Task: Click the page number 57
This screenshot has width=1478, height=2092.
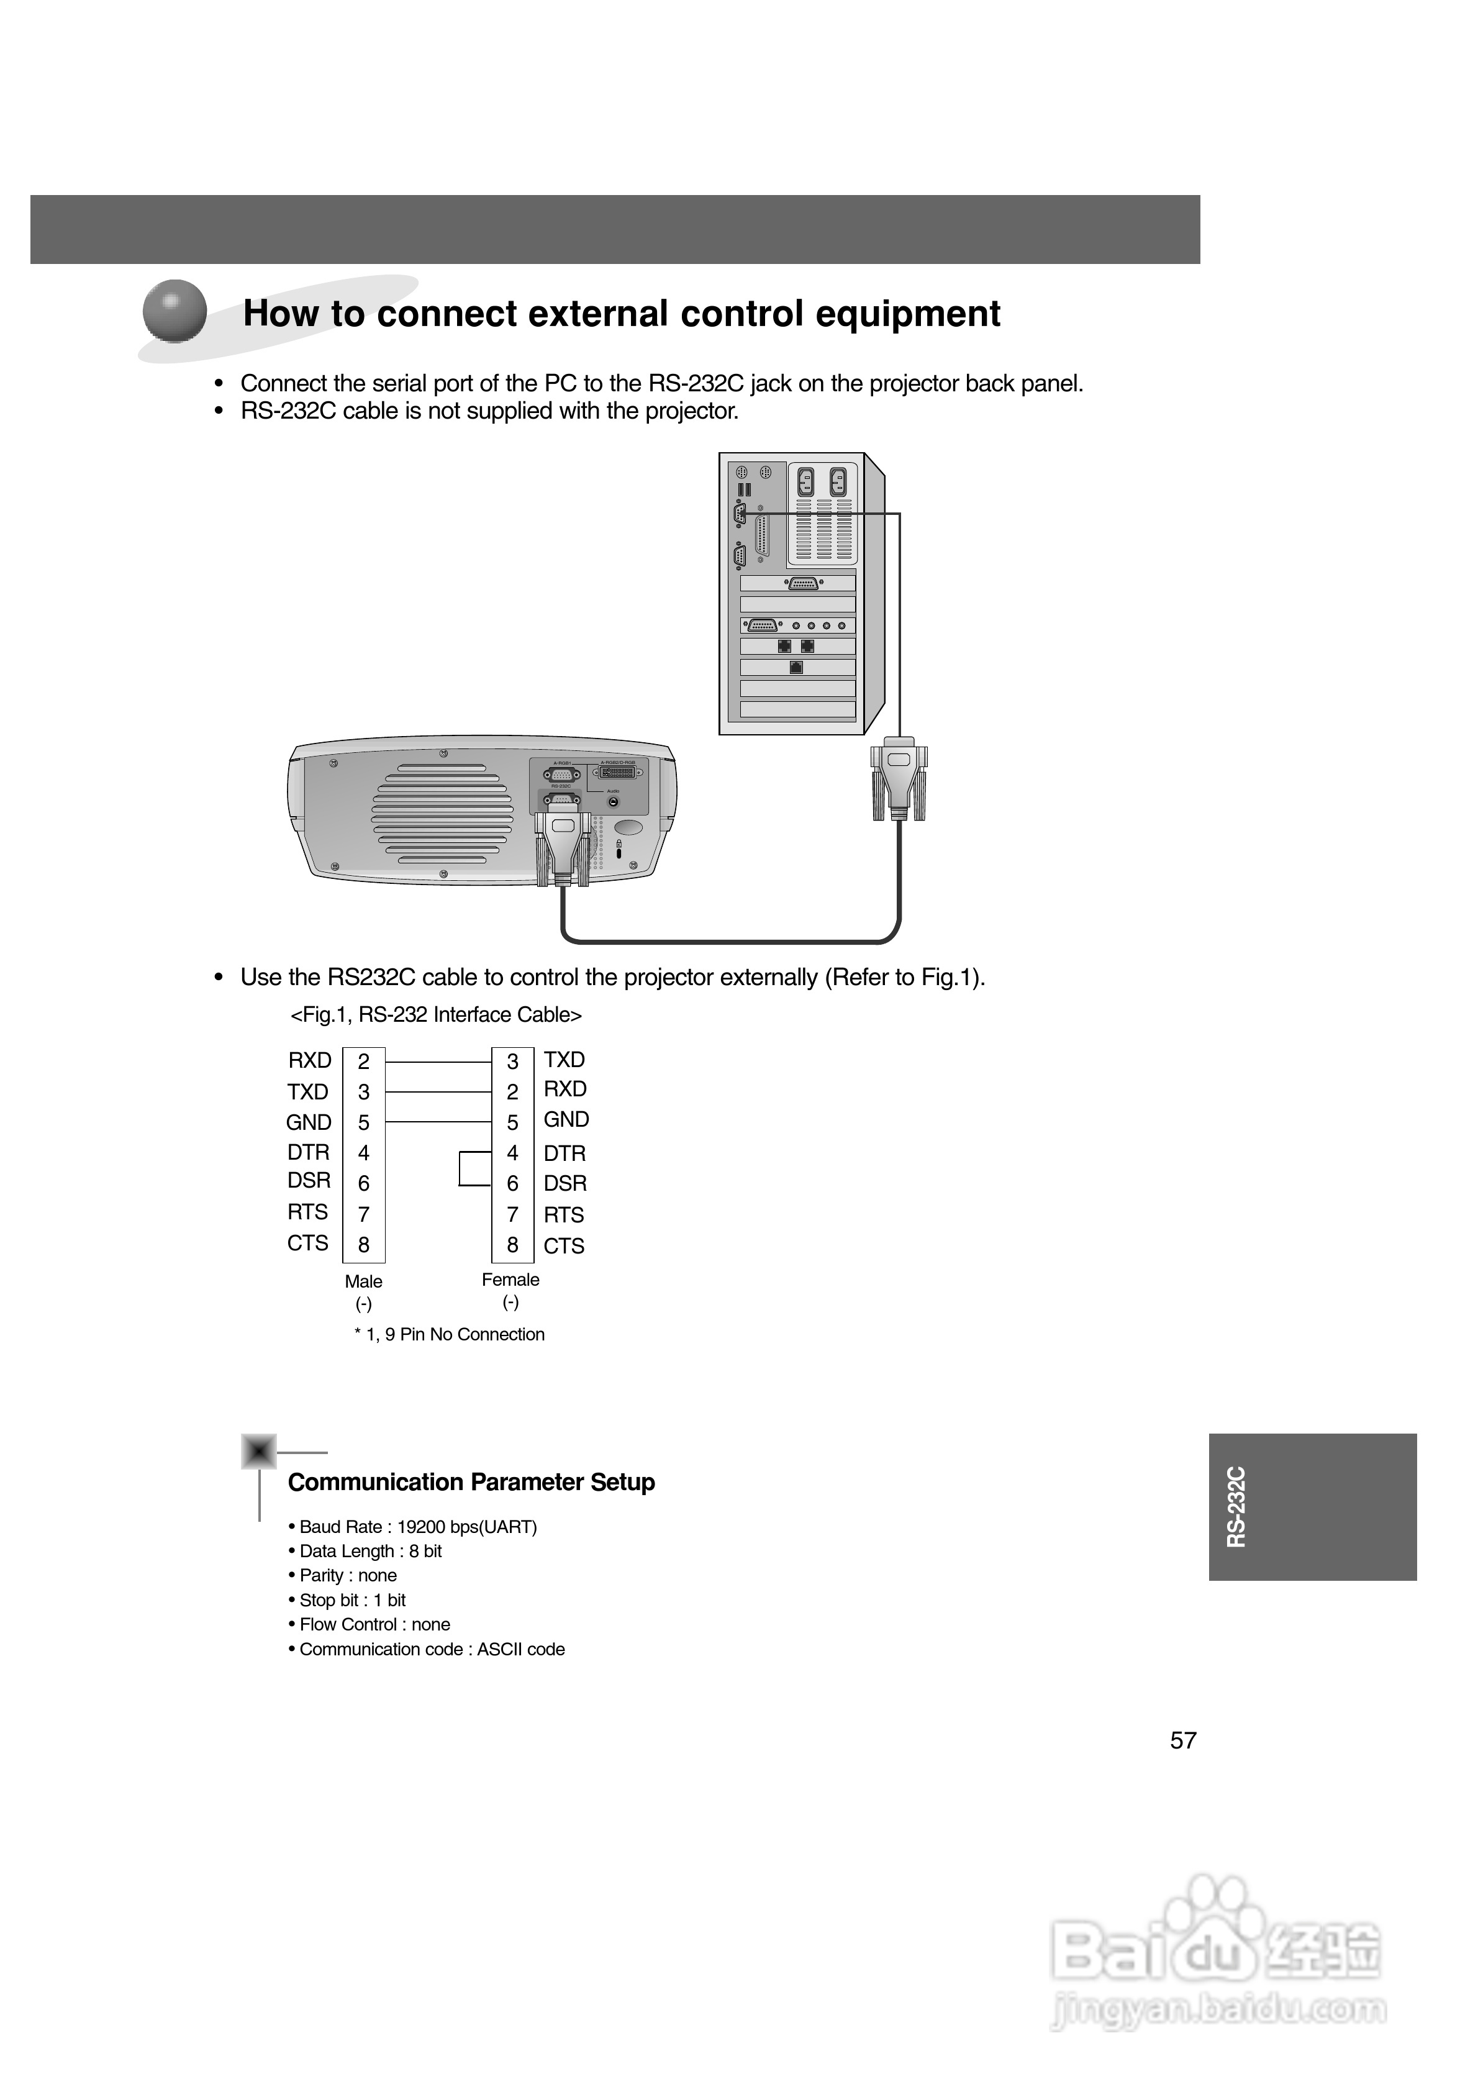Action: click(1183, 1740)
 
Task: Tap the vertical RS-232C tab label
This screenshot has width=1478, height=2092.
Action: click(1236, 1506)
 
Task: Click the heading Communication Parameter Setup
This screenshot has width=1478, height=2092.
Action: click(471, 1483)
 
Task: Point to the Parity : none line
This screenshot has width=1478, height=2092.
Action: click(343, 1575)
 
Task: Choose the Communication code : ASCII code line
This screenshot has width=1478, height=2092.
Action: click(427, 1649)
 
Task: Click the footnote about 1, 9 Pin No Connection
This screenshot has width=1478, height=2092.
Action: click(449, 1334)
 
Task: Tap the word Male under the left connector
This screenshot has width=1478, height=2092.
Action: click(363, 1281)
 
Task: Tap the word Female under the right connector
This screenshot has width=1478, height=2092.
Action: click(510, 1280)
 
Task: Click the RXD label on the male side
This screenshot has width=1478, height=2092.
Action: click(310, 1060)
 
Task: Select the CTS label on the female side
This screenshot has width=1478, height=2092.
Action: click(564, 1245)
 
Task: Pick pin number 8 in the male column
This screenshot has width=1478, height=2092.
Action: click(363, 1245)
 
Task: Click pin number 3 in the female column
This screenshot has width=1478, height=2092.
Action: click(513, 1062)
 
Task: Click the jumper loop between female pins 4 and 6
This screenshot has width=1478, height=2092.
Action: click(463, 1168)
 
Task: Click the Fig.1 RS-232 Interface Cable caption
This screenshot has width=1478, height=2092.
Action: click(435, 1015)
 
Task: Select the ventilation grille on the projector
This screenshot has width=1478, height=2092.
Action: click(442, 818)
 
